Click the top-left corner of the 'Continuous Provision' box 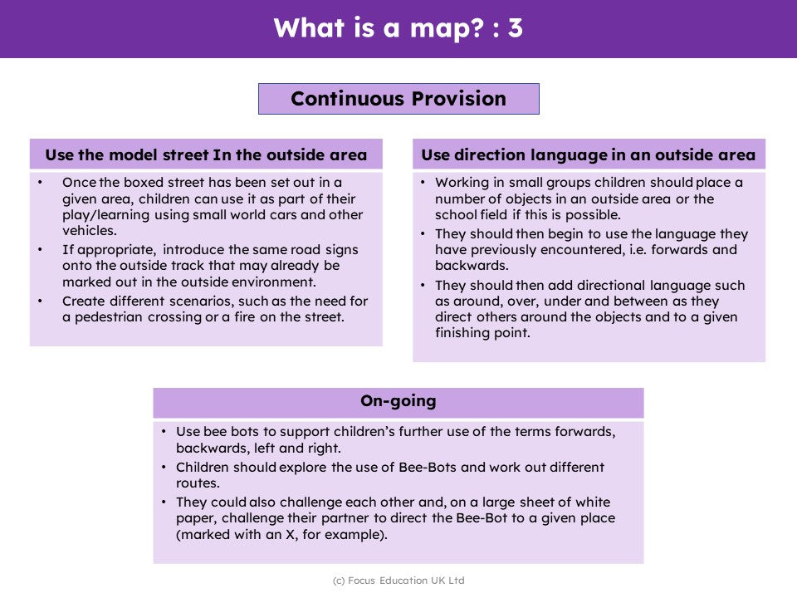coord(259,84)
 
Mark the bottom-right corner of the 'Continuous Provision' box coord(540,115)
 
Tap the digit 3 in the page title coord(515,27)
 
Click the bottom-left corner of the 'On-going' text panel coord(154,563)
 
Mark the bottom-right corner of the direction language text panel coord(765,361)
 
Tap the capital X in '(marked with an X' coord(291,534)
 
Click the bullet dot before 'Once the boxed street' coord(40,183)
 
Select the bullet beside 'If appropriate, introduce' coord(40,250)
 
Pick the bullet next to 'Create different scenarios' coord(40,301)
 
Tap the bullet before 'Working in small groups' coord(423,183)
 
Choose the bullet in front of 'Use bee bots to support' coord(164,432)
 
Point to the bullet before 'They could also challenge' coord(164,502)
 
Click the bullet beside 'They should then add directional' coord(423,285)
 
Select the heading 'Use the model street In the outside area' coord(206,154)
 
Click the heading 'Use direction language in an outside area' coord(589,154)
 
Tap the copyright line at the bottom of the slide coord(398,581)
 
